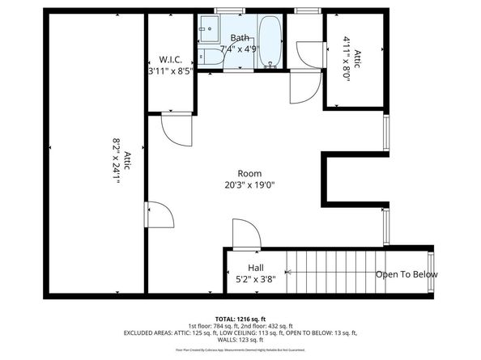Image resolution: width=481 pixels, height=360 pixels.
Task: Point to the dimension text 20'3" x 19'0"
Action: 249,184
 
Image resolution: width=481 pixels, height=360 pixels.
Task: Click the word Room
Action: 249,173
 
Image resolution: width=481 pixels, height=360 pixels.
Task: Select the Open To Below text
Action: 407,274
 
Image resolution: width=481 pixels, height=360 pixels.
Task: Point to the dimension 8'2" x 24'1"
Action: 121,162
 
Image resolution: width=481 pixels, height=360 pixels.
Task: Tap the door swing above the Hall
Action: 245,234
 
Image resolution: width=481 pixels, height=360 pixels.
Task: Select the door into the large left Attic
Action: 159,216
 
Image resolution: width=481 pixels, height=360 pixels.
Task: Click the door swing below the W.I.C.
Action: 176,128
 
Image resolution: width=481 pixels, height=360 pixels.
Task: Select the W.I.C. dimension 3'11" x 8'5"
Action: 170,71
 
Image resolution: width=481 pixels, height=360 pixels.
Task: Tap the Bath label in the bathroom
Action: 240,38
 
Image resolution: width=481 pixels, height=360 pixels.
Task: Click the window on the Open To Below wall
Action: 431,273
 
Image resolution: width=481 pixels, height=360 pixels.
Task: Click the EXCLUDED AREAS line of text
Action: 240,332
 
